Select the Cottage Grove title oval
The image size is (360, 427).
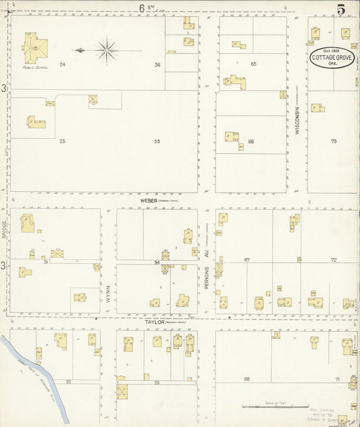[333, 57]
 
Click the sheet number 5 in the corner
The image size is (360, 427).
[342, 9]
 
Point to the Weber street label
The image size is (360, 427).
[149, 201]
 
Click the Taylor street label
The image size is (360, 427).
[154, 323]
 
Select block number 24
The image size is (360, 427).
[62, 64]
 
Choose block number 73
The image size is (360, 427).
[333, 141]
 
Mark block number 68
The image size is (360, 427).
[247, 379]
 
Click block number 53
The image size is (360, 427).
[156, 383]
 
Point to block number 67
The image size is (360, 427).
[247, 260]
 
